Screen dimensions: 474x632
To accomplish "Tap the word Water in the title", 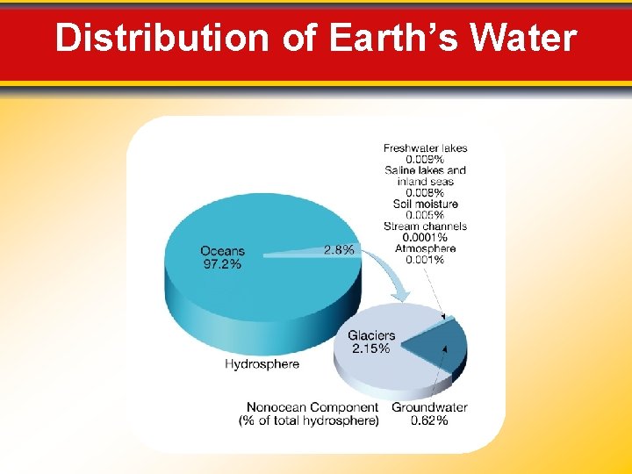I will [523, 39].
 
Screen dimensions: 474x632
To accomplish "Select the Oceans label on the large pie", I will [222, 251].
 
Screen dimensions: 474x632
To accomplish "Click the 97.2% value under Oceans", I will [222, 263].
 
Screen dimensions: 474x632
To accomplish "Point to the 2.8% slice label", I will [340, 249].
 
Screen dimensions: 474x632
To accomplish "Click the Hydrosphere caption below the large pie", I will [262, 363].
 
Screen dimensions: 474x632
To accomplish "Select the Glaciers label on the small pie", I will [371, 335].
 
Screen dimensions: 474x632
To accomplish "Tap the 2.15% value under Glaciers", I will [371, 348].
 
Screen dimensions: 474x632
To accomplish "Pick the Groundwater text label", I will [429, 407].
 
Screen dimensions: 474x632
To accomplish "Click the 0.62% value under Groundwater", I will [429, 420].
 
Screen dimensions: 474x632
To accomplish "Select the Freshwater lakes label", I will [426, 148].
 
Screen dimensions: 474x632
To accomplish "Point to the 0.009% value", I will [425, 160].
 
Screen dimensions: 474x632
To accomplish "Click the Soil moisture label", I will [426, 204].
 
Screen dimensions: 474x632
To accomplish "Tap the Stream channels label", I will [426, 226].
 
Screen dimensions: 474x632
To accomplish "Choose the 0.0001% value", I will [425, 237].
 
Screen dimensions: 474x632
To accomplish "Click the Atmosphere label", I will [425, 248].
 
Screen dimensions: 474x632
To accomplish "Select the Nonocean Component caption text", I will [312, 407].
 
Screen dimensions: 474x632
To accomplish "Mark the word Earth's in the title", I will [394, 39].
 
